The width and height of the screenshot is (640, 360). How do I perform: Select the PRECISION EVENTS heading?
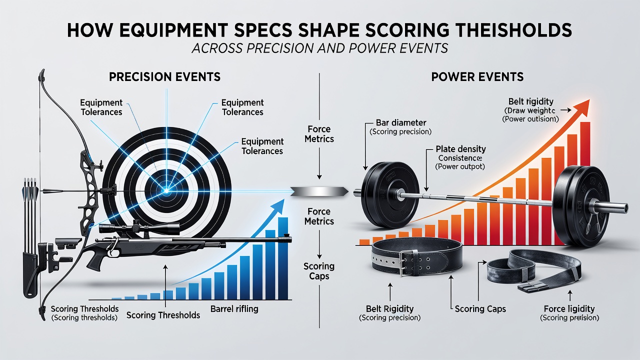[165, 77]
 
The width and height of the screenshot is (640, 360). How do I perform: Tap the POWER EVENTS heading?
[477, 77]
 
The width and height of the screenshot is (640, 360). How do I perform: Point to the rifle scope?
[139, 227]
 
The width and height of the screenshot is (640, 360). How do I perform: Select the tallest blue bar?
[283, 258]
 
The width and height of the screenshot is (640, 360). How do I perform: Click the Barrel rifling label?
[234, 309]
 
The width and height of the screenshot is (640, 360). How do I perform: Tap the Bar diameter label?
[401, 122]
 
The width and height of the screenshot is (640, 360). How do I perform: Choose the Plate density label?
[460, 149]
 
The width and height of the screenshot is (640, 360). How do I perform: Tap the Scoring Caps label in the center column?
[319, 271]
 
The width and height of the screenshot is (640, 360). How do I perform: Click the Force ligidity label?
[569, 309]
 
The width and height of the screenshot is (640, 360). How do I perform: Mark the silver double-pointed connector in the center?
[319, 191]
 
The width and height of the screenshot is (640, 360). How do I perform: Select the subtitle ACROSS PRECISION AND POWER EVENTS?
[319, 48]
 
